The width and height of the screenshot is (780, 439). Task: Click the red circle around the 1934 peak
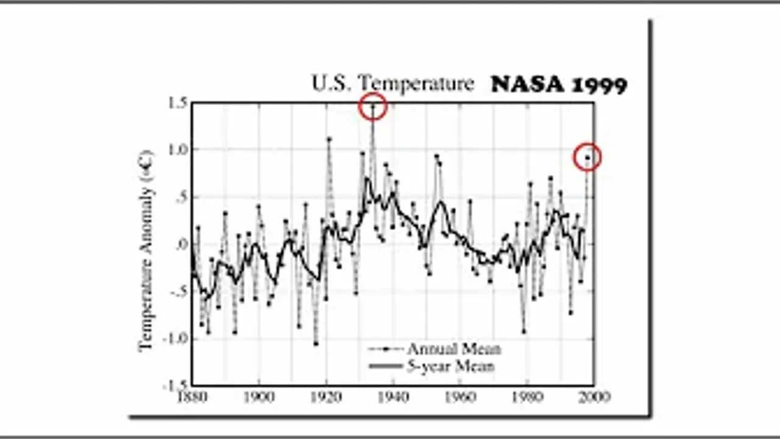pos(373,107)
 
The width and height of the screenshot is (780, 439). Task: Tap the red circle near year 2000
pos(587,157)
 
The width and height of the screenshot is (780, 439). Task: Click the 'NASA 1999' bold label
pos(559,84)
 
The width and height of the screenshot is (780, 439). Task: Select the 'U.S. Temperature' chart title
pos(392,83)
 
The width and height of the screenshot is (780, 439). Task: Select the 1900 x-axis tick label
pos(259,397)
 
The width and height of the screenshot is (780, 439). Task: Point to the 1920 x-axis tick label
pos(326,397)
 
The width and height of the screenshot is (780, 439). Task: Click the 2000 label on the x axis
pos(594,397)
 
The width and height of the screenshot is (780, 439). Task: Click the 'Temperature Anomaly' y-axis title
pos(146,250)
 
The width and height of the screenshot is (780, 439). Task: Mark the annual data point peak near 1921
pos(329,138)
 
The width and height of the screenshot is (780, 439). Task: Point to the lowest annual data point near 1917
pos(316,343)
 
